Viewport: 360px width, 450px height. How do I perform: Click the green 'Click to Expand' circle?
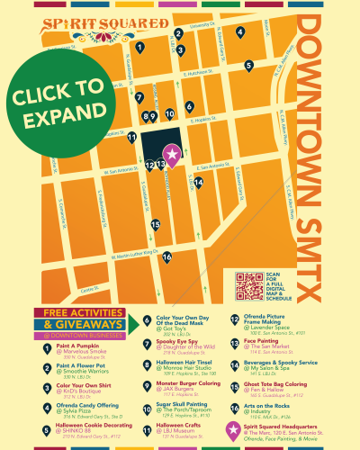pos(58,105)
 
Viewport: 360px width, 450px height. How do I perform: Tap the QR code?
pos(249,286)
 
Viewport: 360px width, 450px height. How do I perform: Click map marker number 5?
pos(248,65)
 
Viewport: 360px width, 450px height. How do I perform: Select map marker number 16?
pos(166,256)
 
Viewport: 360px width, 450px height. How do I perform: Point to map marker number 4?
pos(239,33)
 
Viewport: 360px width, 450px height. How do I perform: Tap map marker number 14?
pos(198,183)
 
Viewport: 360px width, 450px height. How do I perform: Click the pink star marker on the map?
pos(171,152)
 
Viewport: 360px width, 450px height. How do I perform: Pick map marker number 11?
pos(132,138)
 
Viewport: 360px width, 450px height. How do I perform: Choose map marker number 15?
pos(155,225)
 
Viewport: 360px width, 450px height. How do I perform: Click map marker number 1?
pos(140,47)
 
